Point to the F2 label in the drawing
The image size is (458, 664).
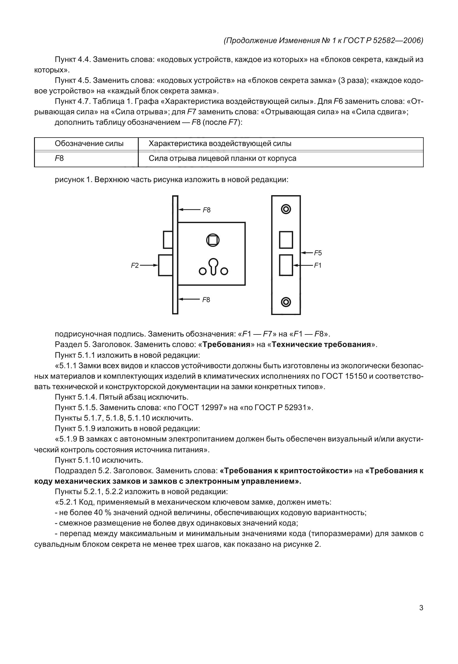click(x=135, y=265)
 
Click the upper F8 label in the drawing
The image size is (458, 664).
click(x=206, y=210)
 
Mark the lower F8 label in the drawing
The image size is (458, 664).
click(x=206, y=300)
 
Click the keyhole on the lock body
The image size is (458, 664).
click(x=213, y=266)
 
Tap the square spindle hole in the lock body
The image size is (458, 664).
click(x=213, y=240)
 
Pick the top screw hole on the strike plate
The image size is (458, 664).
click(x=286, y=209)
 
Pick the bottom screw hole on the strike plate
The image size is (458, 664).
click(x=286, y=302)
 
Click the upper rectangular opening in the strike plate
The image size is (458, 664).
click(x=286, y=240)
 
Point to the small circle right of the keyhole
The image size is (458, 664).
click(x=224, y=271)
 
